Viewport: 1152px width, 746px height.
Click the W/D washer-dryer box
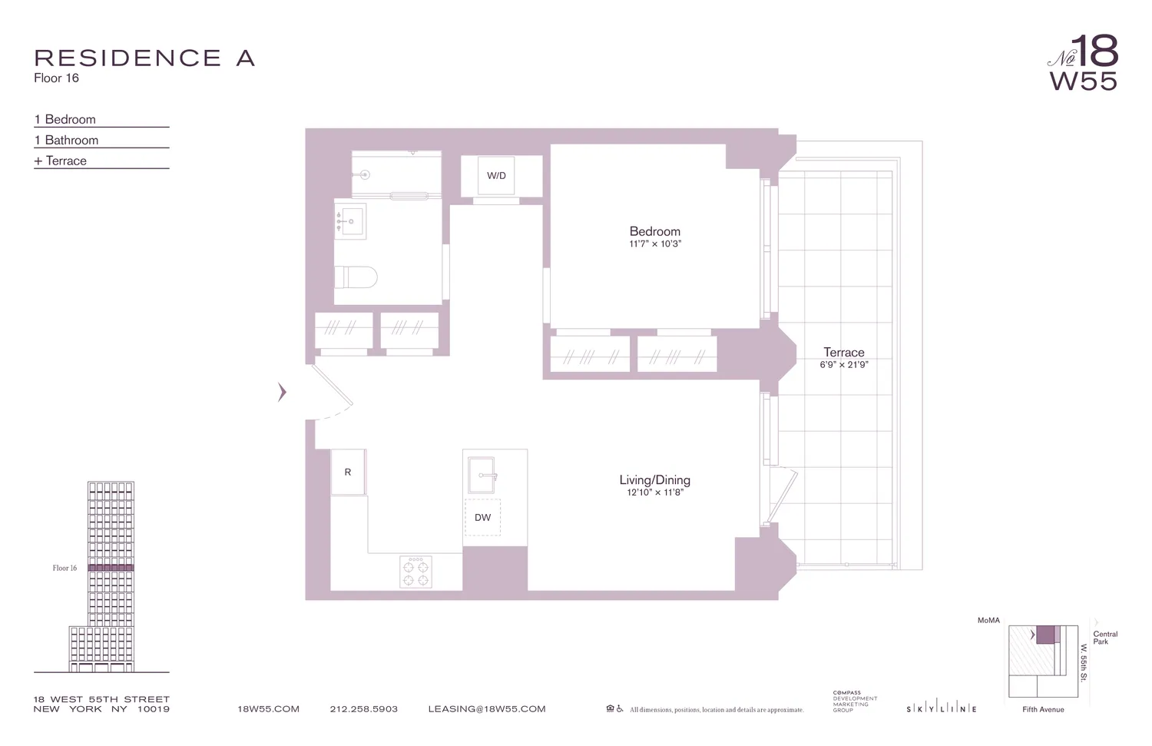pyautogui.click(x=496, y=176)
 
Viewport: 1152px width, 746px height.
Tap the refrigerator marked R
pyautogui.click(x=348, y=472)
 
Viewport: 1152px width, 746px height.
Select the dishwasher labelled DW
pyautogui.click(x=482, y=518)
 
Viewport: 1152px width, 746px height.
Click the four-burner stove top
pyautogui.click(x=415, y=572)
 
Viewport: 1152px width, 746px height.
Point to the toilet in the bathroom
pyautogui.click(x=356, y=277)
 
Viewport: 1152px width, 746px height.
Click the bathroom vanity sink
pyautogui.click(x=351, y=222)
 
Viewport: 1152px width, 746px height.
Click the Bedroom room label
pyautogui.click(x=655, y=231)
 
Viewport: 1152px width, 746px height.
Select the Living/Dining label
pyautogui.click(x=655, y=480)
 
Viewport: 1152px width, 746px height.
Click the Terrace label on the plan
pyautogui.click(x=844, y=353)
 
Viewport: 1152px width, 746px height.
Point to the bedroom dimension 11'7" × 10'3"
pyautogui.click(x=655, y=244)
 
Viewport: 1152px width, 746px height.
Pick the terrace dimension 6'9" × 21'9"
pyautogui.click(x=844, y=365)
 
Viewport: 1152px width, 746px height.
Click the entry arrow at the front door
pyautogui.click(x=282, y=393)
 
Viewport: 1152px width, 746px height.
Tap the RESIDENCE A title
pyautogui.click(x=144, y=58)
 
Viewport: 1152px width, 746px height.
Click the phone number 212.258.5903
pyautogui.click(x=364, y=709)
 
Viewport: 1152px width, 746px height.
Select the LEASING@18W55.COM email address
pyautogui.click(x=487, y=709)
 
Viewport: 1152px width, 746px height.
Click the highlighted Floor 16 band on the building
pyautogui.click(x=111, y=568)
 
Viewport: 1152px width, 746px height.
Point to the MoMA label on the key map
pyautogui.click(x=988, y=620)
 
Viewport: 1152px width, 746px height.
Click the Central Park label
pyautogui.click(x=1105, y=638)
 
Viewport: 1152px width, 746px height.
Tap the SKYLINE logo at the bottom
pyautogui.click(x=942, y=709)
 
